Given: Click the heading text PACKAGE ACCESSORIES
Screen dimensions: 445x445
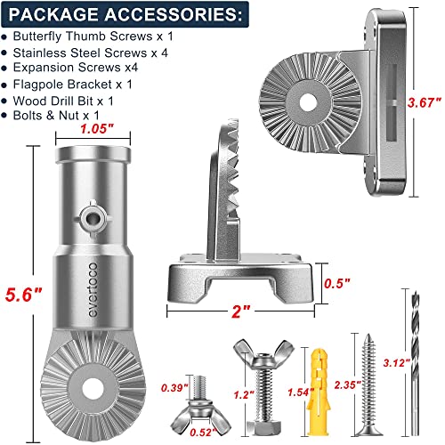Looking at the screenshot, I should (x=125, y=15).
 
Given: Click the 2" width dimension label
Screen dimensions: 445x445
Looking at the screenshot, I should (x=241, y=312).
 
